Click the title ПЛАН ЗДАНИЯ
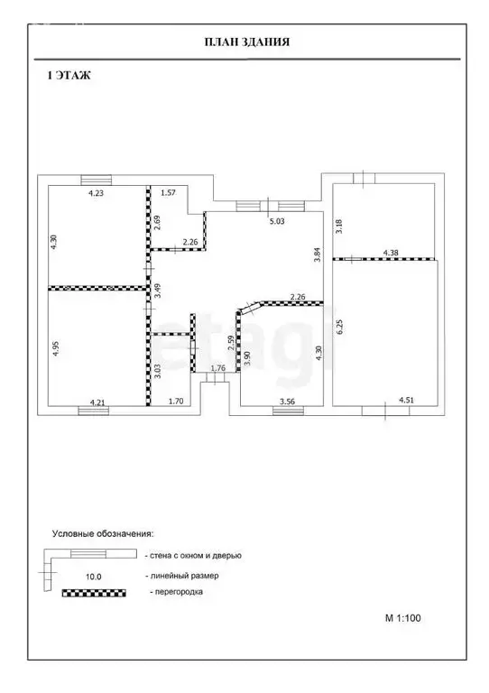(247, 42)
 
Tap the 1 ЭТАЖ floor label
(69, 76)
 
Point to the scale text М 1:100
(403, 618)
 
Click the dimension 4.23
(96, 193)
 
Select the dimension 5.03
(277, 221)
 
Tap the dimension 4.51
(406, 401)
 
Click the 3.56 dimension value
(288, 402)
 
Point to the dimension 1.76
(217, 368)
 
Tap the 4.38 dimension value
(391, 253)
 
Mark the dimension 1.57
(169, 193)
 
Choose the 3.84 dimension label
(317, 254)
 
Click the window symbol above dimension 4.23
(97, 180)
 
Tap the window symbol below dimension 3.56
(288, 411)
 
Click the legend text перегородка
(176, 591)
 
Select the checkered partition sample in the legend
(94, 593)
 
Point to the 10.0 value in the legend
(94, 577)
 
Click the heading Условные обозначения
(103, 533)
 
